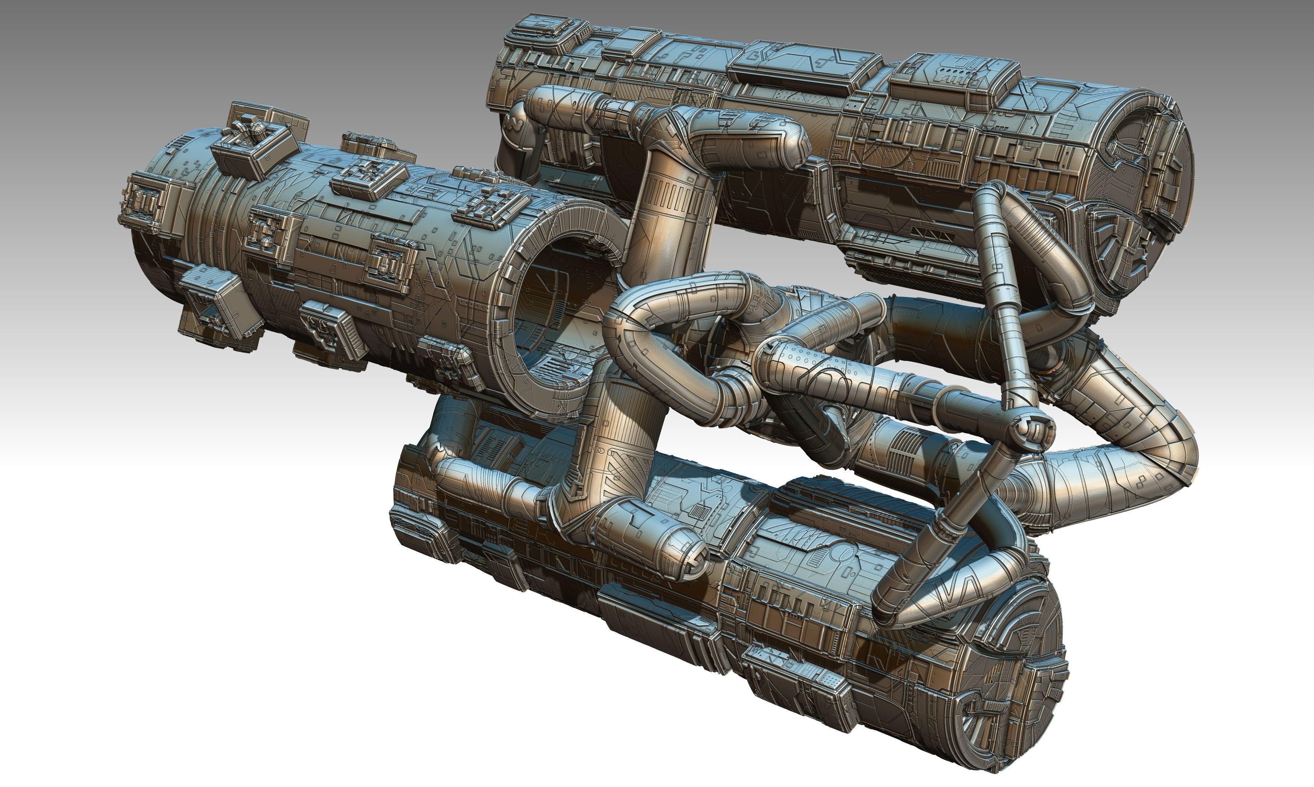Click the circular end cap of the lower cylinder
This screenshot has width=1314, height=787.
point(997,689)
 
